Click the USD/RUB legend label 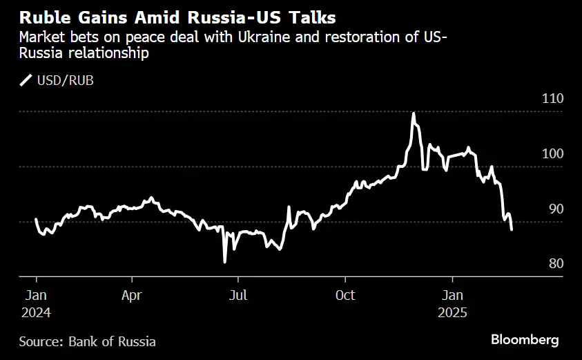tap(66, 81)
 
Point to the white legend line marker tap(27, 81)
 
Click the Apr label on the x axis tap(131, 295)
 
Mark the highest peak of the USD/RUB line tap(413, 113)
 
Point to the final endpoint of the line tap(511, 229)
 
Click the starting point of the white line tap(36, 220)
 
